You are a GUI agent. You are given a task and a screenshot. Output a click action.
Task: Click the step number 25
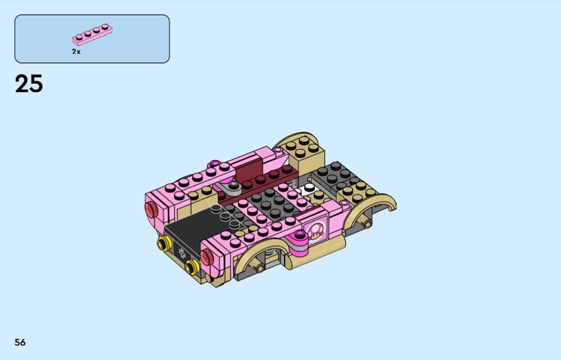(x=29, y=84)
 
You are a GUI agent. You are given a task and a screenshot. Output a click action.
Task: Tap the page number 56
(x=20, y=342)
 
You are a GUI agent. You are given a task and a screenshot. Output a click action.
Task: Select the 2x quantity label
(x=76, y=52)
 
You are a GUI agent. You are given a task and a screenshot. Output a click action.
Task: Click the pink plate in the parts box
(x=93, y=34)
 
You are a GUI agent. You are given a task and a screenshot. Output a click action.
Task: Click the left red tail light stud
(x=150, y=209)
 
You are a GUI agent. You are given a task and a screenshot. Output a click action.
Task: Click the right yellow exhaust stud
(x=191, y=267)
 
